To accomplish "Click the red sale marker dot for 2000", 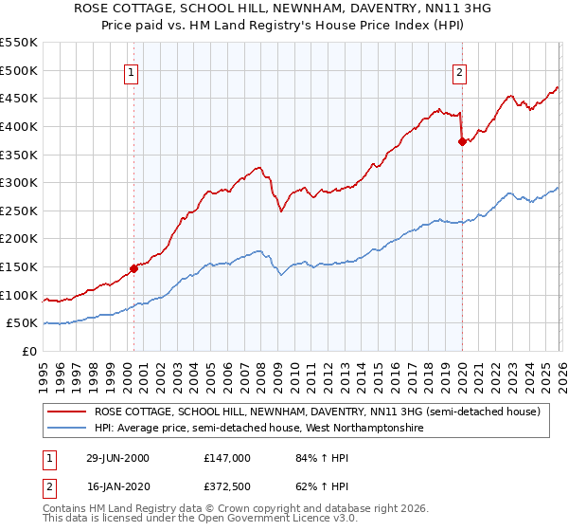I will [x=133, y=268].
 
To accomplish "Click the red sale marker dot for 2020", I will [x=462, y=142].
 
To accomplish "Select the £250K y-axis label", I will [x=19, y=211].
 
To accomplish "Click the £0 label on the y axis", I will [x=29, y=351].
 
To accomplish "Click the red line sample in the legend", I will [x=66, y=412].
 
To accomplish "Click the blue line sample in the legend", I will [x=66, y=429].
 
